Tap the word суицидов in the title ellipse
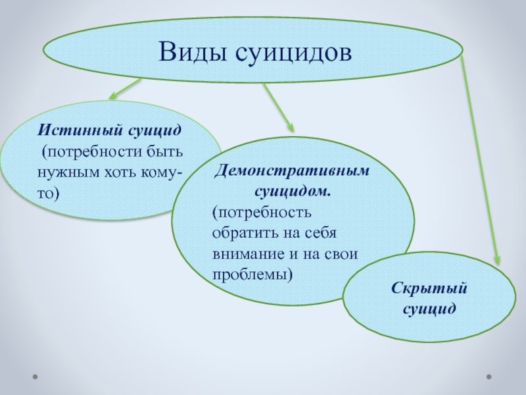point(293,53)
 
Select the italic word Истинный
point(80,130)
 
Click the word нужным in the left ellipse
point(68,172)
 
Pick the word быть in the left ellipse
point(165,151)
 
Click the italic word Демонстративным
point(292,171)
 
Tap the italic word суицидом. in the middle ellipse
point(293,192)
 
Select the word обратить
point(245,233)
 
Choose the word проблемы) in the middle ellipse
point(252,275)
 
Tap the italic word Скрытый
point(429,288)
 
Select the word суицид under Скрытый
point(429,309)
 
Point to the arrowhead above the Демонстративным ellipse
point(291,127)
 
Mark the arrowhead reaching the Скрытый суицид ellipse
point(497,259)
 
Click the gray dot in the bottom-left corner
point(35,377)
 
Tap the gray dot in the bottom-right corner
point(489,377)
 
